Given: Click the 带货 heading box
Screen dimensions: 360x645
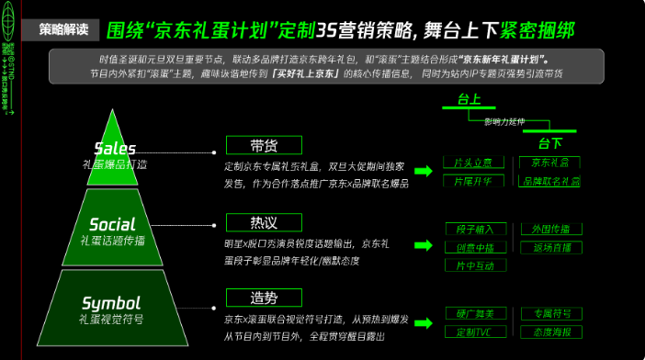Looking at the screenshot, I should pos(264,147).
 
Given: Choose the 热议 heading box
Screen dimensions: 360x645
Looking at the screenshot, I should pos(264,222).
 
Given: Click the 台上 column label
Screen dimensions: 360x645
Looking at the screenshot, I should pos(469,98).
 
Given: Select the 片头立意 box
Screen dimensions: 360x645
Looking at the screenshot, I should pos(473,163).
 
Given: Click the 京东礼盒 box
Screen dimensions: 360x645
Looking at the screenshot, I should pos(549,163).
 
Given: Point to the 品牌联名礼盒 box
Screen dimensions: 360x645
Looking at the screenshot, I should pos(549,182).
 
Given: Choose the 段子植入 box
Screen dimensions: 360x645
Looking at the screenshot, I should pos(474,229).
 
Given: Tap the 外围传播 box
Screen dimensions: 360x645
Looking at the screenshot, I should pos(550,229).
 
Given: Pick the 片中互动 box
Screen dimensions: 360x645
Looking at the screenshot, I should pos(474,265).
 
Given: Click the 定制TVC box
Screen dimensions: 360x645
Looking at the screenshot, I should pos(474,332).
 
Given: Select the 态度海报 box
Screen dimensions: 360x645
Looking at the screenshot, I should pos(550,332).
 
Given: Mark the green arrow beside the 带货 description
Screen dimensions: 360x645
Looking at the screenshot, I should pos(424,171).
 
